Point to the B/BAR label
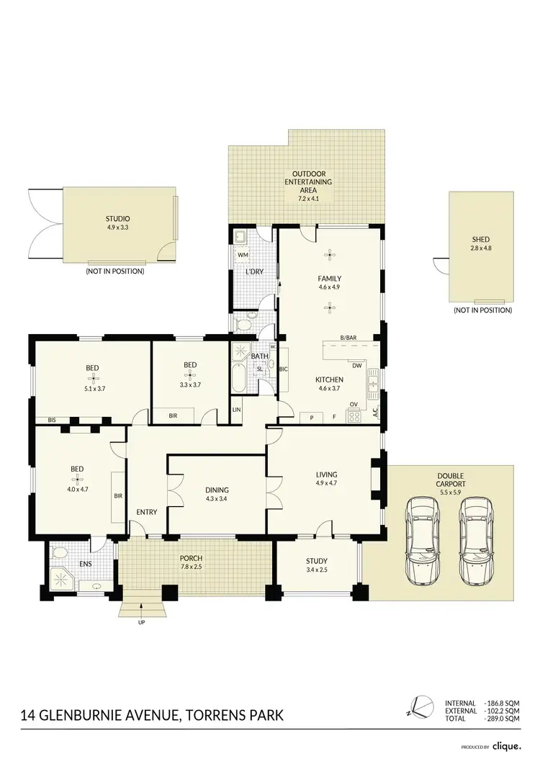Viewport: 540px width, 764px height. point(351,337)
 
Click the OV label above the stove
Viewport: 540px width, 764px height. point(354,404)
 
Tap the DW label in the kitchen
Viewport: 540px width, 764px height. point(355,364)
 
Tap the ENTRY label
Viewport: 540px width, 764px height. point(147,512)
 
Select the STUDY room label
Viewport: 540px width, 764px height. point(317,561)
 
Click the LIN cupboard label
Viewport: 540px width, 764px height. point(236,410)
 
